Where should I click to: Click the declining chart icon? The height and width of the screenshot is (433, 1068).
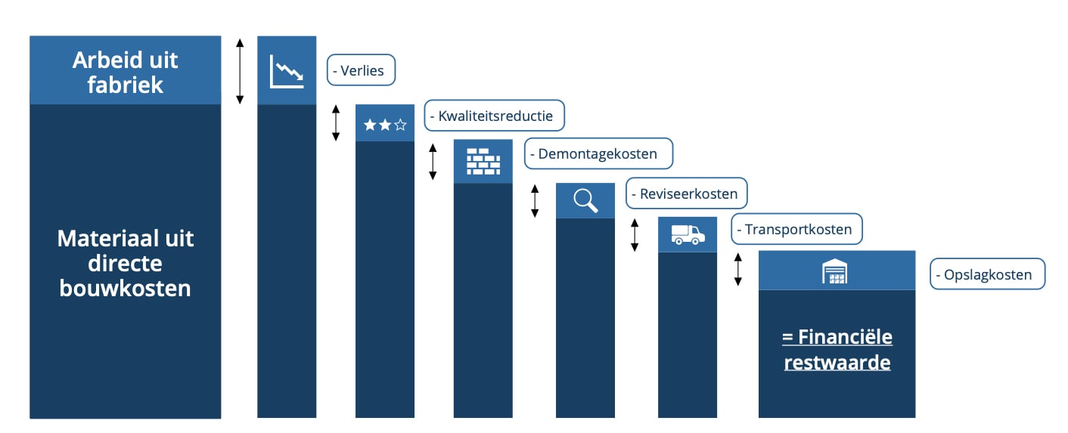[x=287, y=72]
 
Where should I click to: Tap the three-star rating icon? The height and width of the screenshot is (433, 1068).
[x=385, y=125]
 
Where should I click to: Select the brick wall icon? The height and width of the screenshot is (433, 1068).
[x=483, y=162]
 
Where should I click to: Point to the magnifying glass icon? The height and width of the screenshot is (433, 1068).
[x=585, y=200]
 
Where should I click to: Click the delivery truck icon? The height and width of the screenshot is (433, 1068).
[x=688, y=235]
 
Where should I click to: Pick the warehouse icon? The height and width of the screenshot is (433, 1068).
[x=835, y=271]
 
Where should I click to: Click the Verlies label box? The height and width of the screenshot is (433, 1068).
[x=361, y=70]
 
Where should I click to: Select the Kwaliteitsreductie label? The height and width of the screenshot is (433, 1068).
[x=495, y=116]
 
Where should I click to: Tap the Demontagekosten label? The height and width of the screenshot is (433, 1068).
[x=598, y=153]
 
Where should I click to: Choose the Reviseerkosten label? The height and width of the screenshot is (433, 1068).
[x=687, y=193]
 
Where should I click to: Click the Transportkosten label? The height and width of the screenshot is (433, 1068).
[x=796, y=229]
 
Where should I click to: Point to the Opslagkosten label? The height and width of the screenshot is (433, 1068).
[x=987, y=274]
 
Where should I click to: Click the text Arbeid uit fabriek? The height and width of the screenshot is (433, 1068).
[x=126, y=73]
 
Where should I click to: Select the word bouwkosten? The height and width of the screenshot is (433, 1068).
[x=126, y=288]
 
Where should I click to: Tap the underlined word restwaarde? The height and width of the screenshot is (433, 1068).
[x=837, y=363]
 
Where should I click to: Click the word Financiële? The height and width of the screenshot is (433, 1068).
[x=846, y=337]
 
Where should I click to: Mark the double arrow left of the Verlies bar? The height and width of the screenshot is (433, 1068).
[x=240, y=72]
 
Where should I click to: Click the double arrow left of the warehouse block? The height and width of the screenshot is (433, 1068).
[x=738, y=269]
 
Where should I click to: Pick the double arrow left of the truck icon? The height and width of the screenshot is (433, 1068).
[x=635, y=235]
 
